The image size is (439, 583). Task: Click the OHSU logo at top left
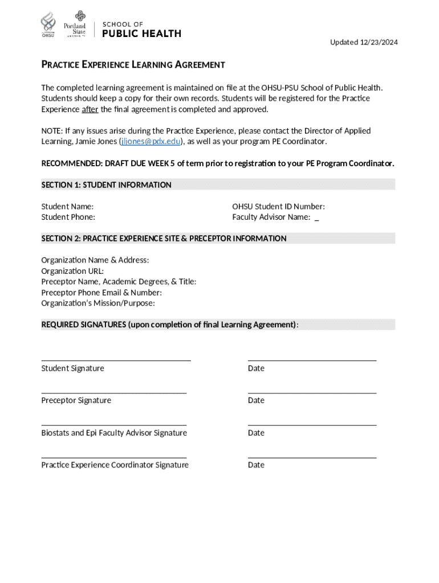click(48, 24)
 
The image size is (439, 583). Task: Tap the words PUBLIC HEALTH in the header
click(141, 34)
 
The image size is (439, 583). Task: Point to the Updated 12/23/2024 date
click(364, 42)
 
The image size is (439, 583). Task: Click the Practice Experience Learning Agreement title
click(133, 65)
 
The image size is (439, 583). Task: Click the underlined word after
click(90, 109)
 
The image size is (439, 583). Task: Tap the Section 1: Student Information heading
click(106, 185)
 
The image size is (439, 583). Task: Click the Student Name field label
click(67, 207)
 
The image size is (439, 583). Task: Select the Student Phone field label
click(68, 217)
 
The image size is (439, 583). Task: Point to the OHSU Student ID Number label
click(278, 207)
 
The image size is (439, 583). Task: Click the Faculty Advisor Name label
click(271, 217)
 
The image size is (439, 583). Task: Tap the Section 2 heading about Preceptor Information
click(164, 239)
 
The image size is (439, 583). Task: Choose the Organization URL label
click(72, 271)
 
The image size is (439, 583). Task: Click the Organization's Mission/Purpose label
click(98, 303)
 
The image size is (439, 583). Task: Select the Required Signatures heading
click(169, 325)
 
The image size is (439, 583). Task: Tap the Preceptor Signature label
click(76, 400)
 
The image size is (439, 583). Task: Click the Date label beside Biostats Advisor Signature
click(256, 433)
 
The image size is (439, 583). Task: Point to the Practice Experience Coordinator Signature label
click(115, 465)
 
